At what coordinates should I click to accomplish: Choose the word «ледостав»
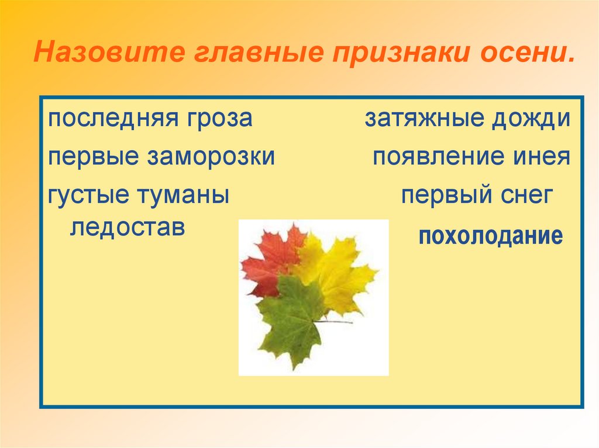[127, 227]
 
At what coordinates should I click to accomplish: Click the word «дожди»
[531, 120]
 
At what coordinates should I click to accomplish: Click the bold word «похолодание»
[490, 237]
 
